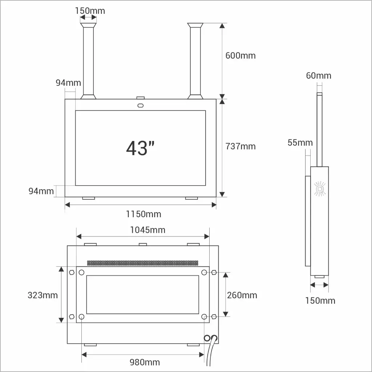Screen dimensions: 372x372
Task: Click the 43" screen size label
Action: pyautogui.click(x=140, y=148)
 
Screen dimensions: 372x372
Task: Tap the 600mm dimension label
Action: pyautogui.click(x=240, y=56)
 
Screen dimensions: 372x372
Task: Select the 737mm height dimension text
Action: pyautogui.click(x=240, y=146)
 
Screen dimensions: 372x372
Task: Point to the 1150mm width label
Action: pyautogui.click(x=143, y=214)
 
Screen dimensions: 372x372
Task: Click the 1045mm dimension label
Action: pyautogui.click(x=147, y=230)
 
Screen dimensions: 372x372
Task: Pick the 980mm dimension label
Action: pyautogui.click(x=145, y=362)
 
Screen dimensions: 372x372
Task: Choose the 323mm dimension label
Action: pyautogui.click(x=43, y=295)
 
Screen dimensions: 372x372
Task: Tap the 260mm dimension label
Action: pyautogui.click(x=242, y=295)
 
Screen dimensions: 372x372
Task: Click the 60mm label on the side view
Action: pyautogui.click(x=319, y=76)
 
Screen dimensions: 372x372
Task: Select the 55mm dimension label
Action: pyautogui.click(x=300, y=142)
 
